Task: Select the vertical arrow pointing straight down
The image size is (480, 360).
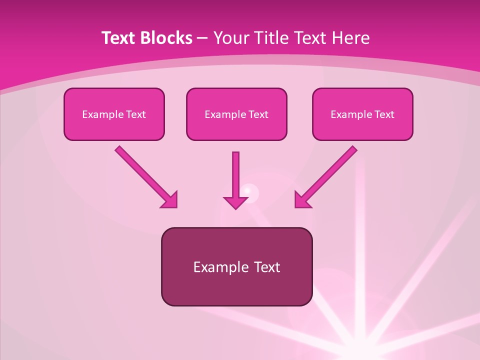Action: [x=235, y=175]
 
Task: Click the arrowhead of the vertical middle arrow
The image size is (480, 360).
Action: [x=235, y=202]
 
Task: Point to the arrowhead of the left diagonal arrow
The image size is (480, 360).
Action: [x=170, y=200]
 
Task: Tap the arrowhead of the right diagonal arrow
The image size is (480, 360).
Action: [x=302, y=200]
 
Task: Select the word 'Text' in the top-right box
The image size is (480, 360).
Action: [x=384, y=114]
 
